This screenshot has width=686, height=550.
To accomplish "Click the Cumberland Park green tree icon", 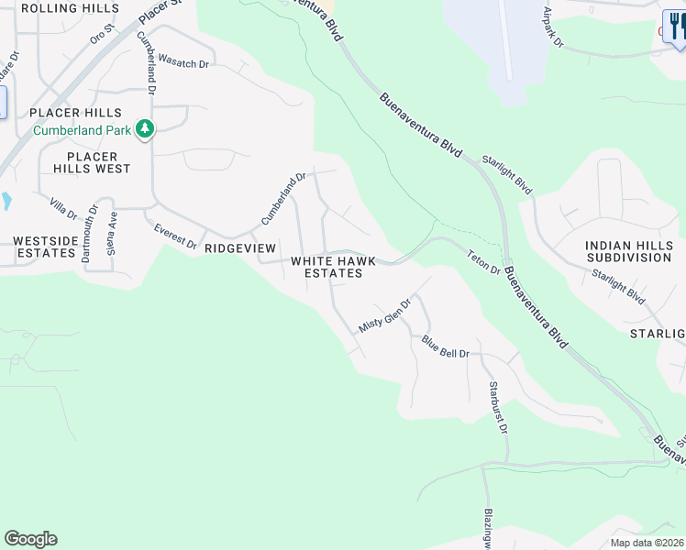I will (144, 129).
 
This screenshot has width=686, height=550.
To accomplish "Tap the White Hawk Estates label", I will (327, 267).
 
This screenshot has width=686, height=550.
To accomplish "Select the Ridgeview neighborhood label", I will (239, 248).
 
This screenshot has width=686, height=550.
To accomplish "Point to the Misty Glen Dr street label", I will (383, 315).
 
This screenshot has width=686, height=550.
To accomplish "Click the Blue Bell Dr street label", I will (445, 347).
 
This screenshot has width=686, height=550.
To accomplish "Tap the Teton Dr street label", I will (482, 263).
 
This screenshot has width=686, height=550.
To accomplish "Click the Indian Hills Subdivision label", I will (629, 251).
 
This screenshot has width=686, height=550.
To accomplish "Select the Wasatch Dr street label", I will (183, 60).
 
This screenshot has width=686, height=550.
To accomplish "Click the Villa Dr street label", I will (63, 208).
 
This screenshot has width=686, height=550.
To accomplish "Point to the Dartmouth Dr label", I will (89, 234).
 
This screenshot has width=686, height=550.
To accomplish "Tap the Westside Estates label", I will (43, 247).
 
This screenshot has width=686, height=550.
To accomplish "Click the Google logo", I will (30, 539).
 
